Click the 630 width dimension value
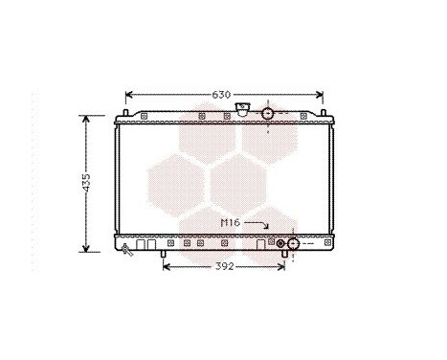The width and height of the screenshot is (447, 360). (x=222, y=95)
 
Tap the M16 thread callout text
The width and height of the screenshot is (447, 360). (x=230, y=222)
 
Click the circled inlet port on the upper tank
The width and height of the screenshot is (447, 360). (x=268, y=114)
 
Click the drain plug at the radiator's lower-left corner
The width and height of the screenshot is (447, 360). (x=125, y=249)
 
